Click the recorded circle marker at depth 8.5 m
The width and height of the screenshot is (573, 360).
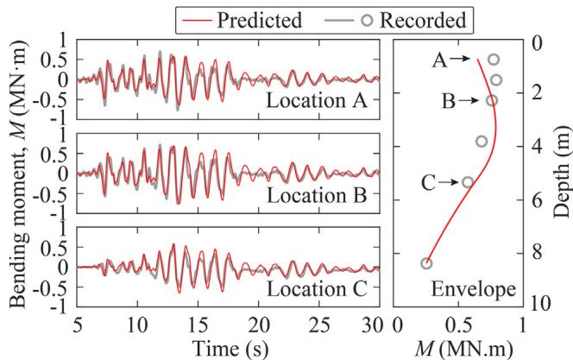point(426,263)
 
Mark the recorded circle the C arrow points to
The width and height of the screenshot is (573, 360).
point(468,182)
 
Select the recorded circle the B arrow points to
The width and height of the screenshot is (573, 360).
point(492,101)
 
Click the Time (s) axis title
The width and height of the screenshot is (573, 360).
point(223,344)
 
